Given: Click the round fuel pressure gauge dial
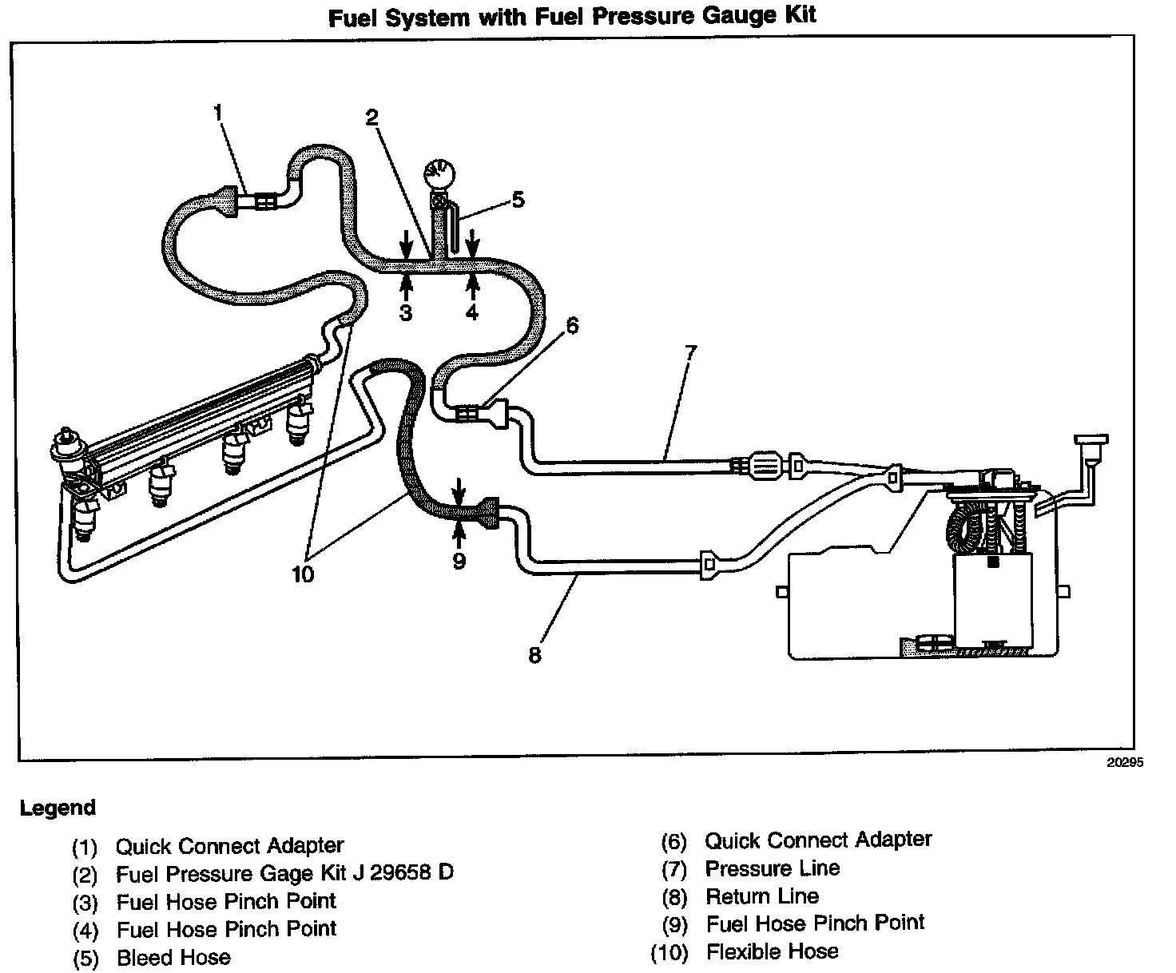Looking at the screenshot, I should pos(436,173).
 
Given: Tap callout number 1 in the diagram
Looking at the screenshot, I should pos(218,113).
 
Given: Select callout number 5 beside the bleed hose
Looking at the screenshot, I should pos(518,199).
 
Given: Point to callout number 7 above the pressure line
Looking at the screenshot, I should pos(690,352).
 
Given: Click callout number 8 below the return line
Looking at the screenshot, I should pos(534,655).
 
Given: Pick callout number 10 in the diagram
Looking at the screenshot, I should pos(304,574).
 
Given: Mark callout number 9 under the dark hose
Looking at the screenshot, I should pos(459,561).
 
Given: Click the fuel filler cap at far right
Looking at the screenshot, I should pos(1091,440).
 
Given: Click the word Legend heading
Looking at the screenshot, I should pos(58,808).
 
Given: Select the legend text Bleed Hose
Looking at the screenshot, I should pos(173,957).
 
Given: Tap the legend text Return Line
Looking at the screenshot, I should pos(761,896).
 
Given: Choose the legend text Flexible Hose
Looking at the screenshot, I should pos(772,951).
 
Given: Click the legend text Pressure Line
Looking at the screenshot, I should pos(772,868).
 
